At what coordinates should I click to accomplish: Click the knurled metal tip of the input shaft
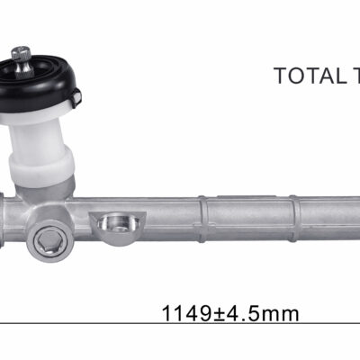22,53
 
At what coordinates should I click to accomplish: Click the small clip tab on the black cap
76,98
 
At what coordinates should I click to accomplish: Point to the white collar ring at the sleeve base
41,169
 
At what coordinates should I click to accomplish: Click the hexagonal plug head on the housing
49,240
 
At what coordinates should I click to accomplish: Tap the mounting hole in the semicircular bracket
118,223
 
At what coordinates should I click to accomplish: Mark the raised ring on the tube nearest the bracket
202,219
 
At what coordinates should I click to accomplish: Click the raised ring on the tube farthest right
293,219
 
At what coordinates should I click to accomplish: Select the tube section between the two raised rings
248,218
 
